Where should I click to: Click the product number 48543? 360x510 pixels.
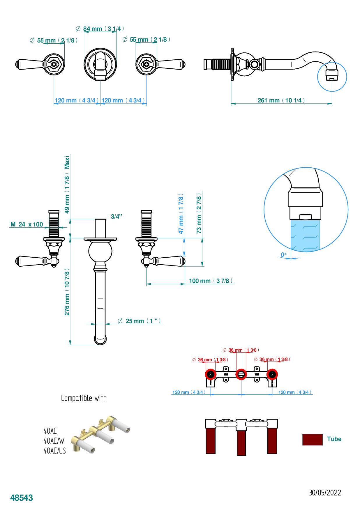pos(22,497)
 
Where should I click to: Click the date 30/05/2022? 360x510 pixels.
pos(325,493)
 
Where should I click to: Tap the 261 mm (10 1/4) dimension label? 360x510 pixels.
pos(281,100)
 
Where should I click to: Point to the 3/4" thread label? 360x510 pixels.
pos(116,217)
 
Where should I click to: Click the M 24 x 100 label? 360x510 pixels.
pos(27,224)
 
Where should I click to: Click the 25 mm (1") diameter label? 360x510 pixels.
pos(140,321)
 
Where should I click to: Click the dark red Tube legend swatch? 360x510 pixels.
pos(312,440)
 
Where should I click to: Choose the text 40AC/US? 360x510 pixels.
pos(54,451)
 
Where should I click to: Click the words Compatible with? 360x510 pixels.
pos(84,398)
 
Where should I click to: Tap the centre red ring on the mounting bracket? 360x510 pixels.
pos(241,374)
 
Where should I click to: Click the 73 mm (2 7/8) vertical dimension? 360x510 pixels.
pos(199,213)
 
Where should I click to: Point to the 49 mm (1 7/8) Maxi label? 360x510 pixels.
pos(67,185)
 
